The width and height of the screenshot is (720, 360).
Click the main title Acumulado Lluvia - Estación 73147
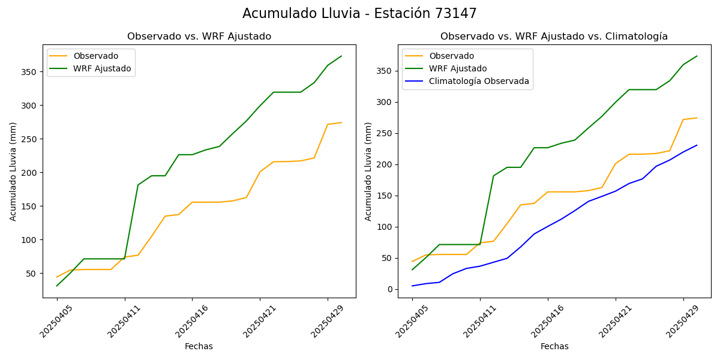[x=359, y=14]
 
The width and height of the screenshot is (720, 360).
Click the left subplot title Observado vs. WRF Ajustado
[x=199, y=37]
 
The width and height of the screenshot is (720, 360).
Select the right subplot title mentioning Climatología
[x=554, y=37]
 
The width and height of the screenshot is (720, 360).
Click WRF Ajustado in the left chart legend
[x=102, y=68]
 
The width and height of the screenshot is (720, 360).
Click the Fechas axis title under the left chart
[x=199, y=346]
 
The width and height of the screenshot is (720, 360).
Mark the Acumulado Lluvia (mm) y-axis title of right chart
[x=368, y=171]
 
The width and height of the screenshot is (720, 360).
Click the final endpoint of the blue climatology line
[x=697, y=145]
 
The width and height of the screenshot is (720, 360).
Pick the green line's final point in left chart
[x=341, y=56]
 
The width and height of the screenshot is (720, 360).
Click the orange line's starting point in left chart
[x=57, y=277]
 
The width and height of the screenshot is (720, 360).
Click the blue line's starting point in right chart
[x=412, y=286]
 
